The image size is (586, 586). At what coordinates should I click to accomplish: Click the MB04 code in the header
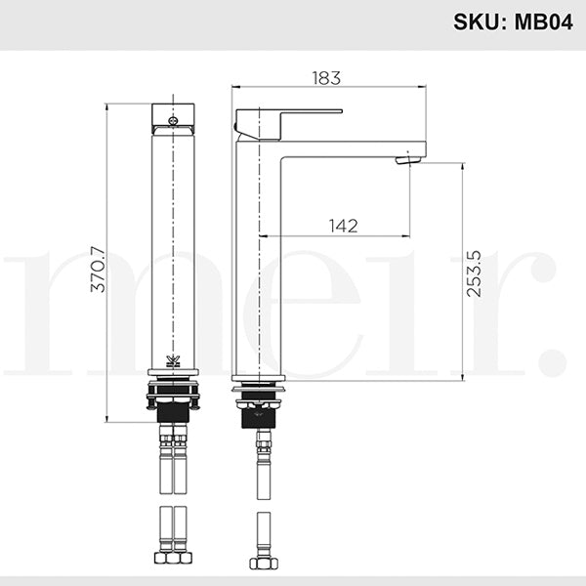click(543, 22)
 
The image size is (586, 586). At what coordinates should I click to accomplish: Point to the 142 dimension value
click(343, 226)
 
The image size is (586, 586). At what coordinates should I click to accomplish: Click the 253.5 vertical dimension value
click(476, 272)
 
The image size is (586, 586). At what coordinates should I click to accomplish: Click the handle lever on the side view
click(289, 115)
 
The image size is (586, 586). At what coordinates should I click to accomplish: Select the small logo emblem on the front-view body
click(173, 359)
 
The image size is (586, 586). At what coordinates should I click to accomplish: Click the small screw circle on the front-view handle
click(173, 123)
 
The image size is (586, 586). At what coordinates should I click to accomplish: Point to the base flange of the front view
click(173, 373)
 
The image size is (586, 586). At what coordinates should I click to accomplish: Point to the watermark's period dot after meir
click(554, 361)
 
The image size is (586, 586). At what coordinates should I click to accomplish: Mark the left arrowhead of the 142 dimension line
click(264, 235)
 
